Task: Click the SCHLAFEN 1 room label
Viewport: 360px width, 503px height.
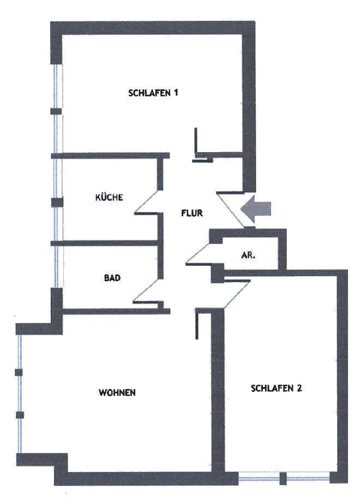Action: tap(153, 93)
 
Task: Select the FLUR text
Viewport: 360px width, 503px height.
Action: tap(192, 213)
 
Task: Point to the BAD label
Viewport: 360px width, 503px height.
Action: tap(112, 278)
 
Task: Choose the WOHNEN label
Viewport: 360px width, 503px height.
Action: tap(117, 392)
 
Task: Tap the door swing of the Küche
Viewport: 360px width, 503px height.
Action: tap(146, 204)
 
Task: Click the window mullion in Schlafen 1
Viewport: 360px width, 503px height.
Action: tap(56, 111)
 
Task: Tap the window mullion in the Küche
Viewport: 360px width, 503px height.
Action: tap(56, 202)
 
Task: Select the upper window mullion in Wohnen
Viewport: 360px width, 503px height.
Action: tap(19, 372)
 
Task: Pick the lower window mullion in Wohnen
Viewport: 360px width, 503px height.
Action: tap(20, 415)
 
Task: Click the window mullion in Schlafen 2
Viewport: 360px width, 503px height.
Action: tap(283, 479)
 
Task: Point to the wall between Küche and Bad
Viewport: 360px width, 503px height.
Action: tap(106, 243)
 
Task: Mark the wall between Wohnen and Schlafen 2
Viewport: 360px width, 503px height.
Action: tap(218, 392)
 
